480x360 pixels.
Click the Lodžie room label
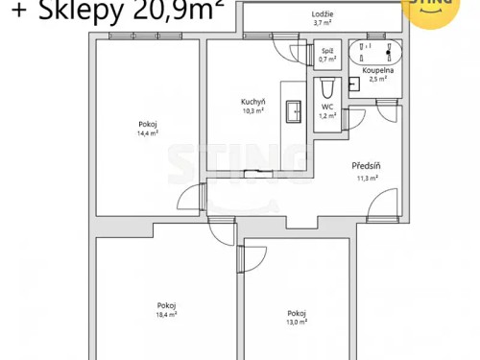pos(323,14)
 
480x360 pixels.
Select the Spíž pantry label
pos(326,50)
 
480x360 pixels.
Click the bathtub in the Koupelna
pos(376,52)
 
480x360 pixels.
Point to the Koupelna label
pos(375,71)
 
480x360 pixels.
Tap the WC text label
pos(326,107)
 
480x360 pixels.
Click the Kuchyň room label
pos(252,102)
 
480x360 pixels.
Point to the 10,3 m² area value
pos(252,110)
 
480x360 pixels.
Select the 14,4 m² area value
pos(148,133)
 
